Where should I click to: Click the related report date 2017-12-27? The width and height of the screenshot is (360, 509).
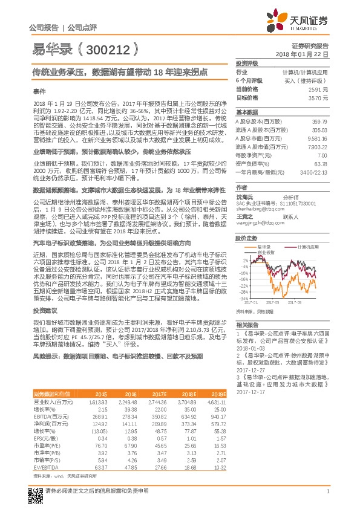[x=249, y=369]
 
